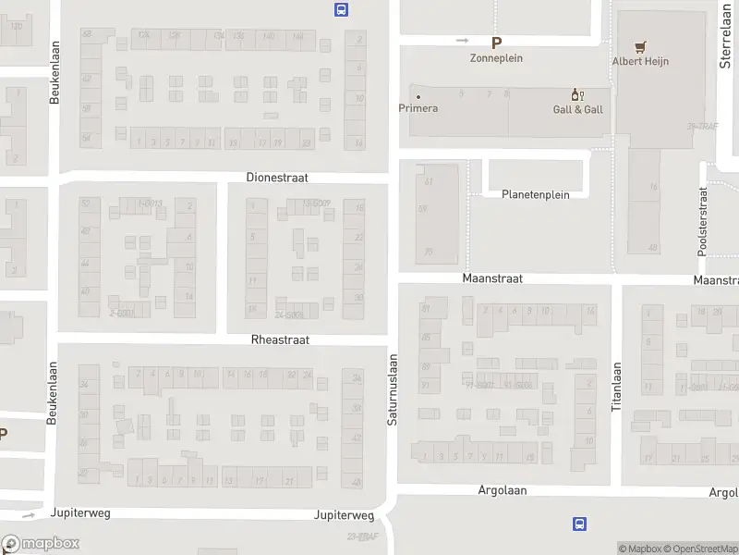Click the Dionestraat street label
(277, 177)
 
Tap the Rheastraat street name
(280, 340)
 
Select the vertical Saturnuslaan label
(392, 389)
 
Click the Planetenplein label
(536, 195)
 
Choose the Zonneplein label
(497, 57)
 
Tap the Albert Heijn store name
(640, 62)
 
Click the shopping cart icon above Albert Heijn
(639, 46)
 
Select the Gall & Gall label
(578, 109)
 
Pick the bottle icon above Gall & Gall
(578, 94)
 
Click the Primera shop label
(418, 108)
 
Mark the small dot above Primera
(418, 96)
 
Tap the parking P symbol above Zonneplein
(497, 42)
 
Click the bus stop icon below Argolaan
(579, 524)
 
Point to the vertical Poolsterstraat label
(702, 222)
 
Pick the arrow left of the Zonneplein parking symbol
(463, 41)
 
